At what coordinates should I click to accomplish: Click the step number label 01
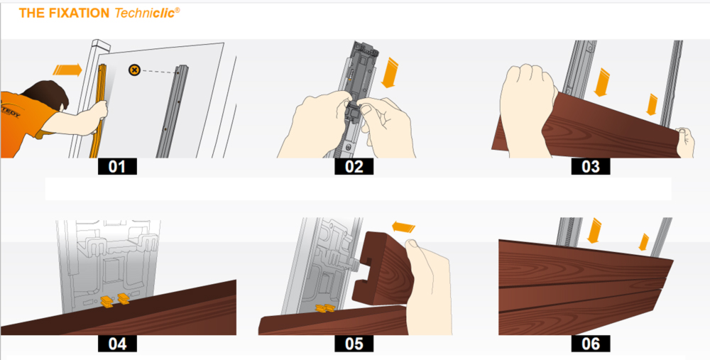click(x=117, y=167)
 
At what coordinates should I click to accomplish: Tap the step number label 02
click(x=354, y=167)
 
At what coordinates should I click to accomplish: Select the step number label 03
click(x=591, y=167)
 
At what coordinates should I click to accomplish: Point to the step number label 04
click(x=117, y=344)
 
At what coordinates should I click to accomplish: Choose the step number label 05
click(x=354, y=344)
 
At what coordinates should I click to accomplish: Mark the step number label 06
click(x=591, y=344)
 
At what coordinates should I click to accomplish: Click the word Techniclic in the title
click(x=146, y=13)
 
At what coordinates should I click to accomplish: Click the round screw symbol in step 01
click(x=134, y=70)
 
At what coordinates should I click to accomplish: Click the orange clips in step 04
click(x=114, y=300)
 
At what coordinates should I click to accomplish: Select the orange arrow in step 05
click(x=403, y=225)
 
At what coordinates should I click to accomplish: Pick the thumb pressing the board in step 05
click(x=412, y=247)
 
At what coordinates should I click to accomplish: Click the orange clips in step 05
click(x=326, y=308)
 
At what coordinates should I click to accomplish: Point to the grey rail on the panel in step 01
click(x=171, y=111)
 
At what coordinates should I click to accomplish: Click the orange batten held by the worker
click(x=102, y=111)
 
